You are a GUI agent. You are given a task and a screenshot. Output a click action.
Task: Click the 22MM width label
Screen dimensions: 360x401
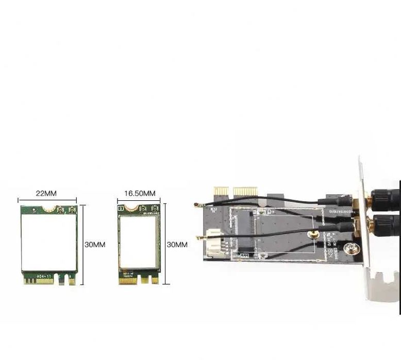click(46, 194)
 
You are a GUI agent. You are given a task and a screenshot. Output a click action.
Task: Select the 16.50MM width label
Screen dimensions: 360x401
click(140, 194)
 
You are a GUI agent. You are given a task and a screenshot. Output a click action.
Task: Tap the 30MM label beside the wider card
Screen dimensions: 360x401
click(95, 245)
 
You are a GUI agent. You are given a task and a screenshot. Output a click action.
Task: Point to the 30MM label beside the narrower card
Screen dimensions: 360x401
click(177, 245)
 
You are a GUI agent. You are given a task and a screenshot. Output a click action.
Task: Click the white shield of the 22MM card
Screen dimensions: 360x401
click(48, 242)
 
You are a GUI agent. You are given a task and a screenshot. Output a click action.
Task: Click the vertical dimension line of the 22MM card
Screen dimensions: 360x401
click(82, 245)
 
